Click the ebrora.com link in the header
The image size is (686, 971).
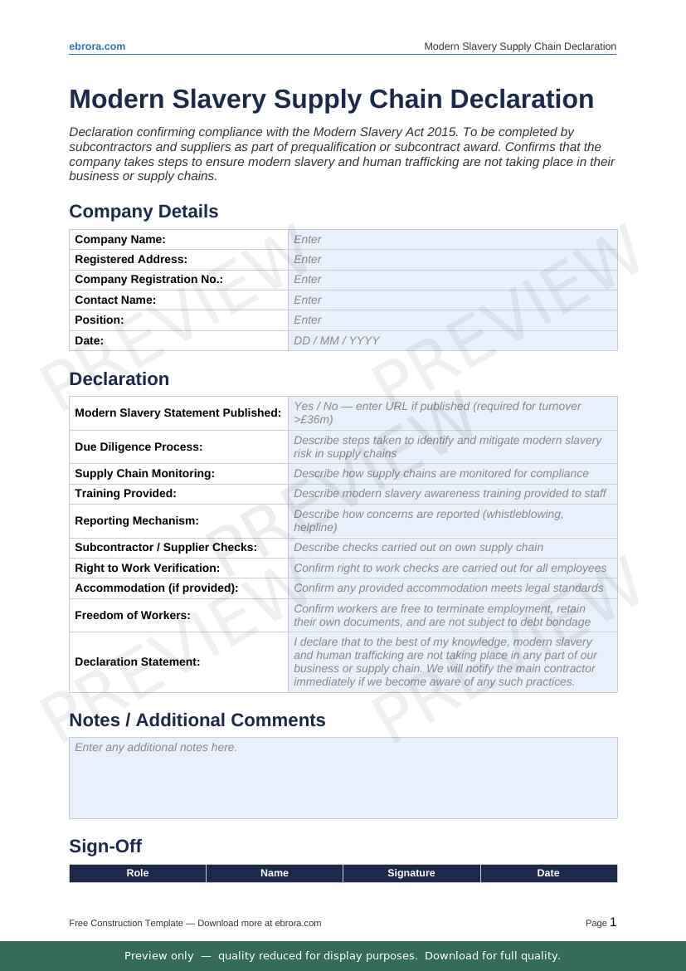click(97, 46)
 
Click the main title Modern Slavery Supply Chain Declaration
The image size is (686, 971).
click(331, 99)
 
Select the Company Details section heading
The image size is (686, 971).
click(144, 212)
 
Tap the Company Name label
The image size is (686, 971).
click(120, 240)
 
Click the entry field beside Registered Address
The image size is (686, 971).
click(452, 260)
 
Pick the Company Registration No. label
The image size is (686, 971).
click(148, 280)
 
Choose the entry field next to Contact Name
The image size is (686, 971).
click(452, 300)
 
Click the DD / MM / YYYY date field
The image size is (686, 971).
click(452, 340)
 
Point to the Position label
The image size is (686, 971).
click(100, 320)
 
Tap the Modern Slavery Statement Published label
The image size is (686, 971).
click(178, 413)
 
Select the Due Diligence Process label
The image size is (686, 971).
click(139, 446)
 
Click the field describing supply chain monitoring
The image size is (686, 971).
click(452, 473)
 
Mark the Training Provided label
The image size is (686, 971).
click(125, 494)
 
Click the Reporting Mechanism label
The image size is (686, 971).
click(137, 521)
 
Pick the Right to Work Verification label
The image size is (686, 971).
click(147, 568)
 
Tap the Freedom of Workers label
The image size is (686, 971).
click(133, 616)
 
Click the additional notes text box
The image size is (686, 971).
click(343, 778)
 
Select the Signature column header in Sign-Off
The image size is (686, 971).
click(411, 873)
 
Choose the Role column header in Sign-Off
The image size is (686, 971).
click(138, 873)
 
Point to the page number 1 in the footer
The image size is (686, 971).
click(613, 922)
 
